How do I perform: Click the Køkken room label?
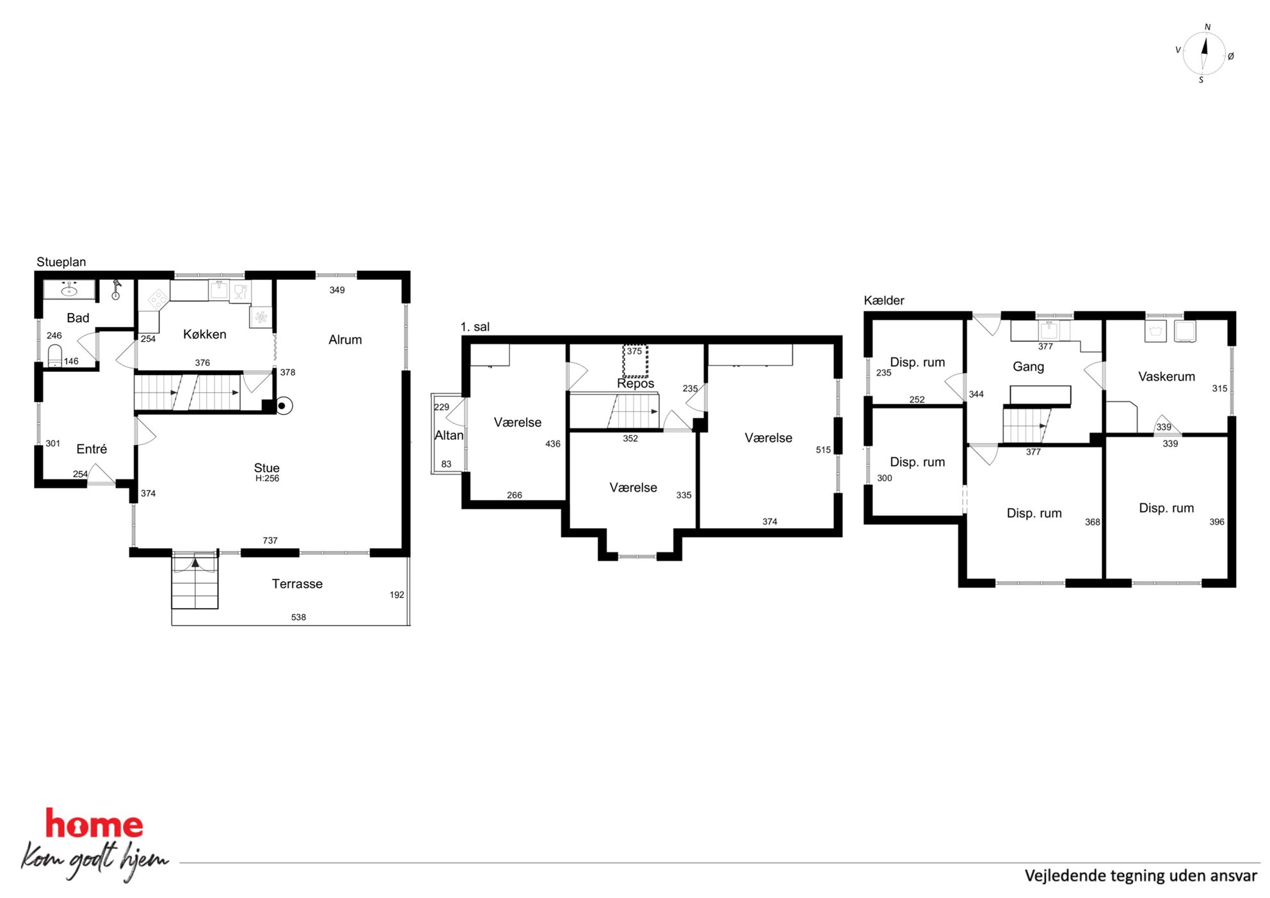(x=205, y=334)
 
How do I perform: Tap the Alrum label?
(x=345, y=340)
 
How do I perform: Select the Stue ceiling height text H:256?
(x=267, y=478)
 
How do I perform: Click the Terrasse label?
(x=297, y=584)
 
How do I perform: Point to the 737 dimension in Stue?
(x=270, y=541)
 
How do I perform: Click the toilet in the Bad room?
(x=55, y=356)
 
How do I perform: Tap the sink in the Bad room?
(x=68, y=289)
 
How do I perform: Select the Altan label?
(x=449, y=435)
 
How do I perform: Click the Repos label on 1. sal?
(x=636, y=383)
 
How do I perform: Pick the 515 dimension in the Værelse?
(x=823, y=450)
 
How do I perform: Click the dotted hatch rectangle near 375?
(x=636, y=361)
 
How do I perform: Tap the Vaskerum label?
(x=1166, y=377)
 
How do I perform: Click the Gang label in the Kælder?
(x=1028, y=367)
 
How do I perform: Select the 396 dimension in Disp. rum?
(x=1217, y=522)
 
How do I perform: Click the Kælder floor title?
(x=884, y=300)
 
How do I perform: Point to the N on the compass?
(x=1208, y=27)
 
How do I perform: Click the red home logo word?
(x=94, y=824)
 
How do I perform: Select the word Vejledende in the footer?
(x=1065, y=876)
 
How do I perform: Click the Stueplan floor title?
(x=61, y=262)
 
